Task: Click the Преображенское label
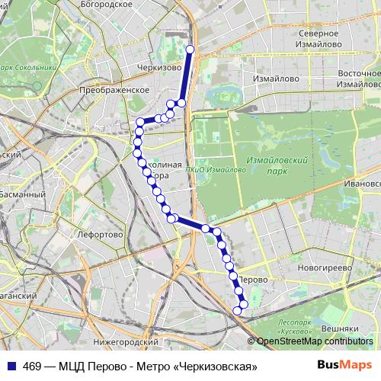114,90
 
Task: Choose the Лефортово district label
100,235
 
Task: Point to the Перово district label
253,280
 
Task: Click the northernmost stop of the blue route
190,50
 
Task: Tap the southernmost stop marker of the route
238,310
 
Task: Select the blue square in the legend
11,366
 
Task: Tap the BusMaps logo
344,366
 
